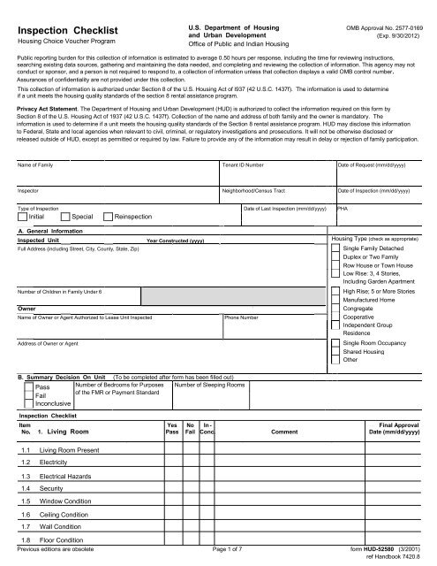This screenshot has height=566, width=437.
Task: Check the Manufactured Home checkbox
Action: [335, 301]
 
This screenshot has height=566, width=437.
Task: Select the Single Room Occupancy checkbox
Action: [335, 341]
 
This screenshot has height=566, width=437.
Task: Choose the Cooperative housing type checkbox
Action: [335, 316]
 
